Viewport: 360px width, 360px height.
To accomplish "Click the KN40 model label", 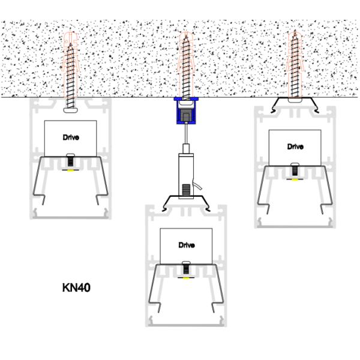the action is coord(76,287).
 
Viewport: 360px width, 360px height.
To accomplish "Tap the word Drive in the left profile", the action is coord(71,137).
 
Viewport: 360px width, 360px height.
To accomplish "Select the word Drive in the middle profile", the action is coord(187,245).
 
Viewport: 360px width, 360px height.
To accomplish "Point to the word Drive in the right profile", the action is coord(295,146).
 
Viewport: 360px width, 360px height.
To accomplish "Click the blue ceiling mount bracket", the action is coord(187,110).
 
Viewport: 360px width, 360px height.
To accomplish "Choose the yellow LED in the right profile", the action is coord(295,179).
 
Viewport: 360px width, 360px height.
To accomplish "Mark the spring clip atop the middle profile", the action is coord(187,200).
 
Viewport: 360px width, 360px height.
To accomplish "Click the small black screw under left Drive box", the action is coord(71,160).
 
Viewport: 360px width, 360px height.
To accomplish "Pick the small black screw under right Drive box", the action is coord(295,169).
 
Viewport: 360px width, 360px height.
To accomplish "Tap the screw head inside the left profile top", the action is coord(71,109).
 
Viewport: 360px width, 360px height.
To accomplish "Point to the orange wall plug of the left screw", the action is coord(71,42).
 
